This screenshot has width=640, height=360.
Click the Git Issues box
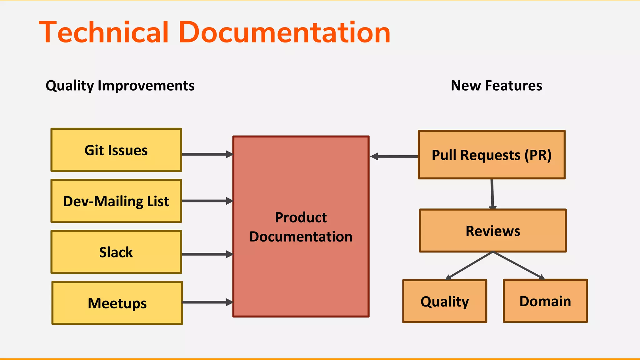(x=116, y=150)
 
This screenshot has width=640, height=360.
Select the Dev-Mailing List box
(x=116, y=201)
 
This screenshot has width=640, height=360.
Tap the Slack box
(x=116, y=252)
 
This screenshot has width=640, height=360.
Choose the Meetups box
(x=117, y=303)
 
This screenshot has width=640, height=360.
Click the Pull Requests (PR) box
(x=492, y=155)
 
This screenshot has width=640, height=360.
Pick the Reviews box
(x=493, y=231)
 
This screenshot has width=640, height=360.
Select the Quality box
(x=445, y=301)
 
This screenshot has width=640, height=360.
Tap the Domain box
(x=545, y=301)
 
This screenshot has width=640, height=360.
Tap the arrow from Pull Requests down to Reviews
(x=492, y=194)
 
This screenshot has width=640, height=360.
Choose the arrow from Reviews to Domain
(x=518, y=265)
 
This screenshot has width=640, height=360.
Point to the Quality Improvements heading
(x=120, y=86)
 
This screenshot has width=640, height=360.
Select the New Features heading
(x=496, y=85)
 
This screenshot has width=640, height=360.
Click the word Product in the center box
(x=301, y=217)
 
